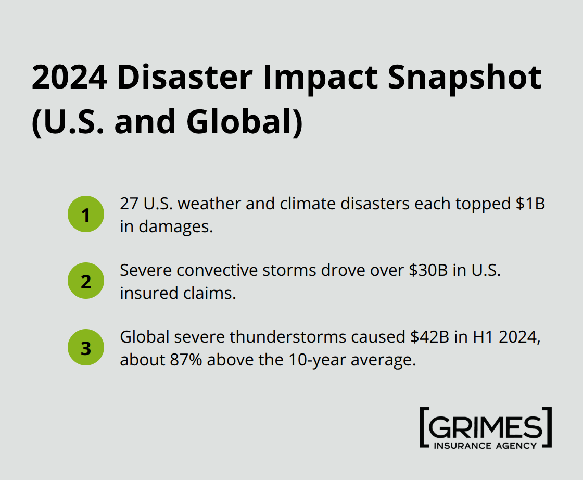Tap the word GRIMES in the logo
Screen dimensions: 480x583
pos(485,428)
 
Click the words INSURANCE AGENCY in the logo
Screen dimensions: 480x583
pos(485,445)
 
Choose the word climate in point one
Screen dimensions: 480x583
pos(307,204)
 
